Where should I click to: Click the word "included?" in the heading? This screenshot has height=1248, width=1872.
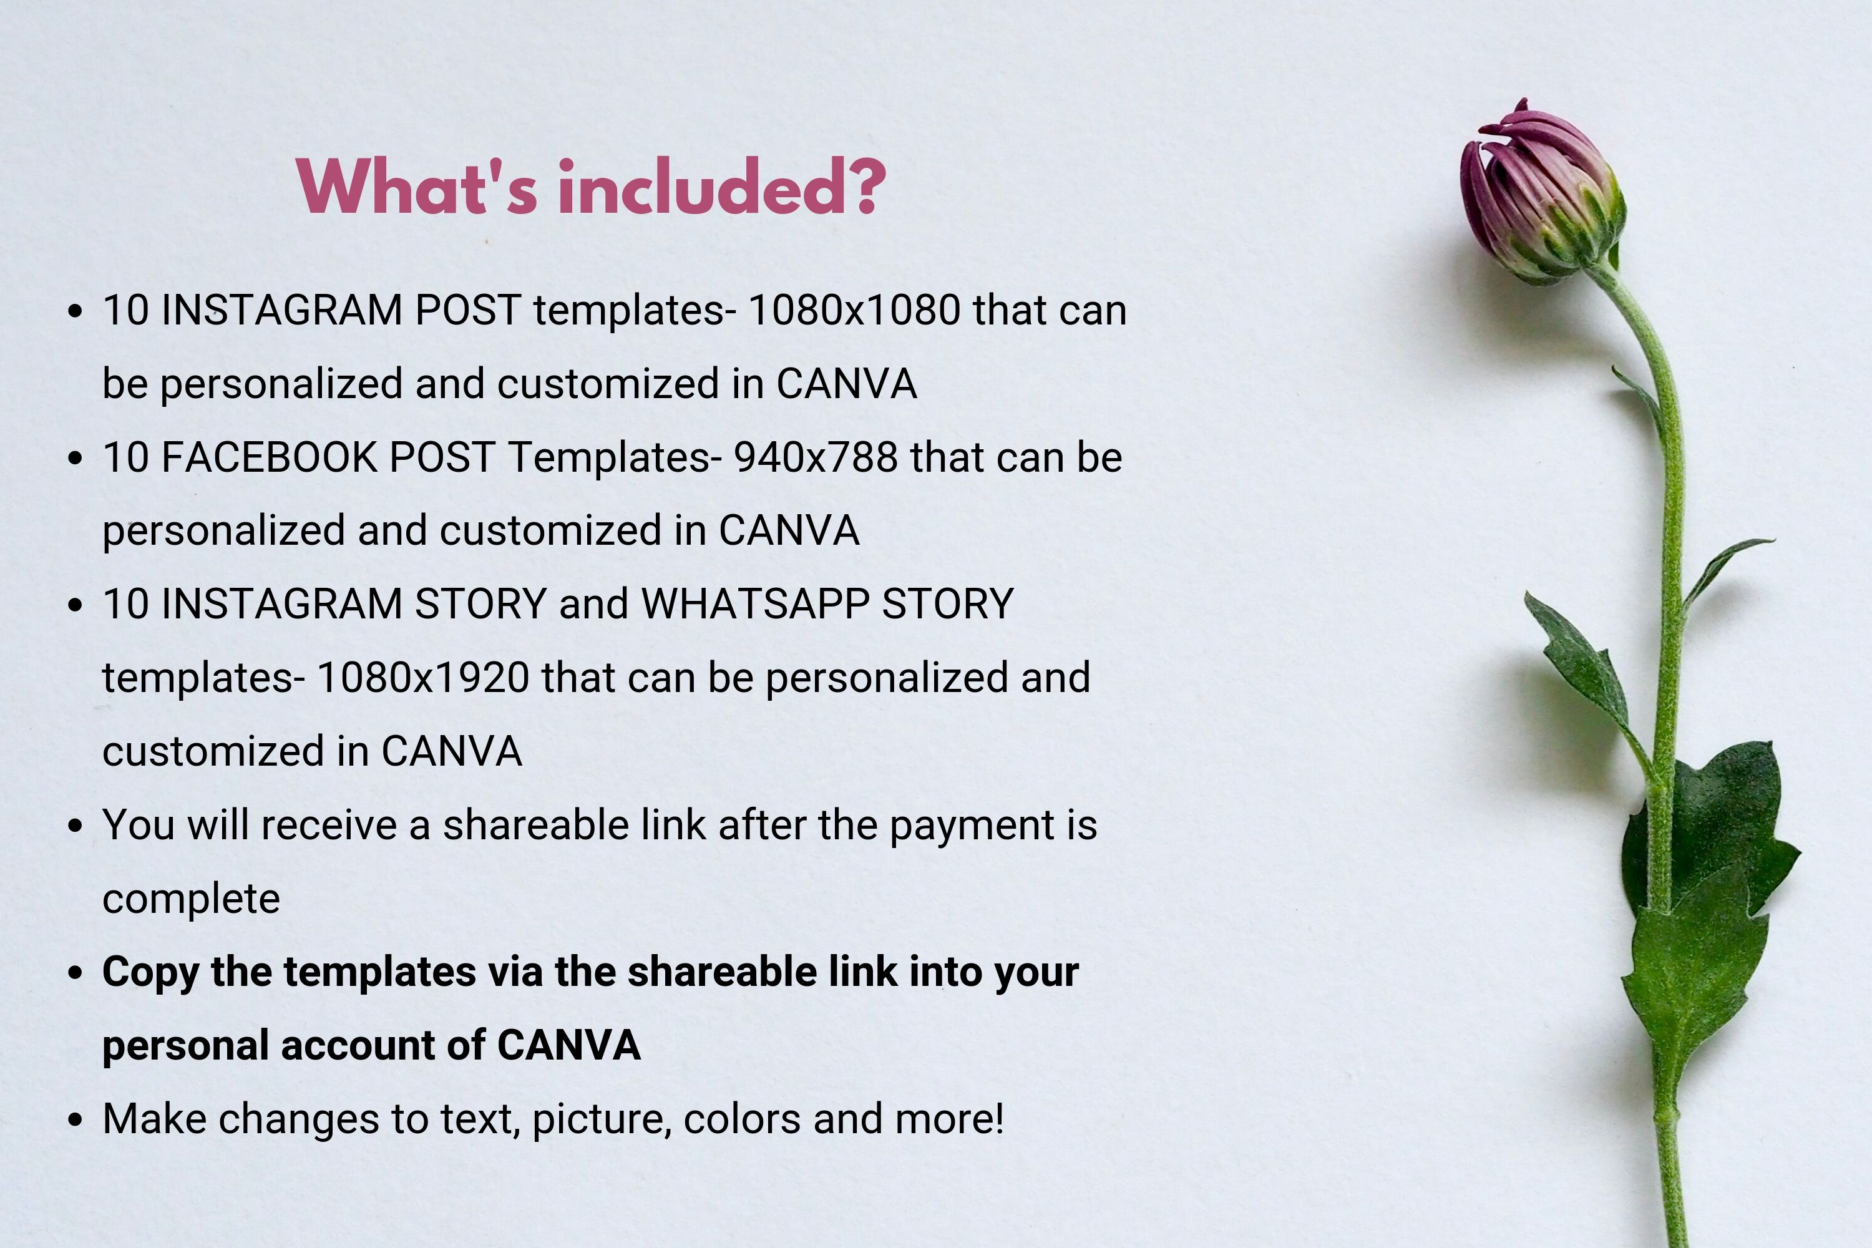722,187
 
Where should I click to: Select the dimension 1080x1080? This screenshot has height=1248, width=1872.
854,310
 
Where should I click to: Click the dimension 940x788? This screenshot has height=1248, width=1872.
815,457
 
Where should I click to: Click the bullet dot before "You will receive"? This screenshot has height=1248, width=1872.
76,826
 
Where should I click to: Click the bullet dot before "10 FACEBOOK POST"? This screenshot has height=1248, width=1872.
76,459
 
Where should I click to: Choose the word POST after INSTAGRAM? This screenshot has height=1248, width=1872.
468,310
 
